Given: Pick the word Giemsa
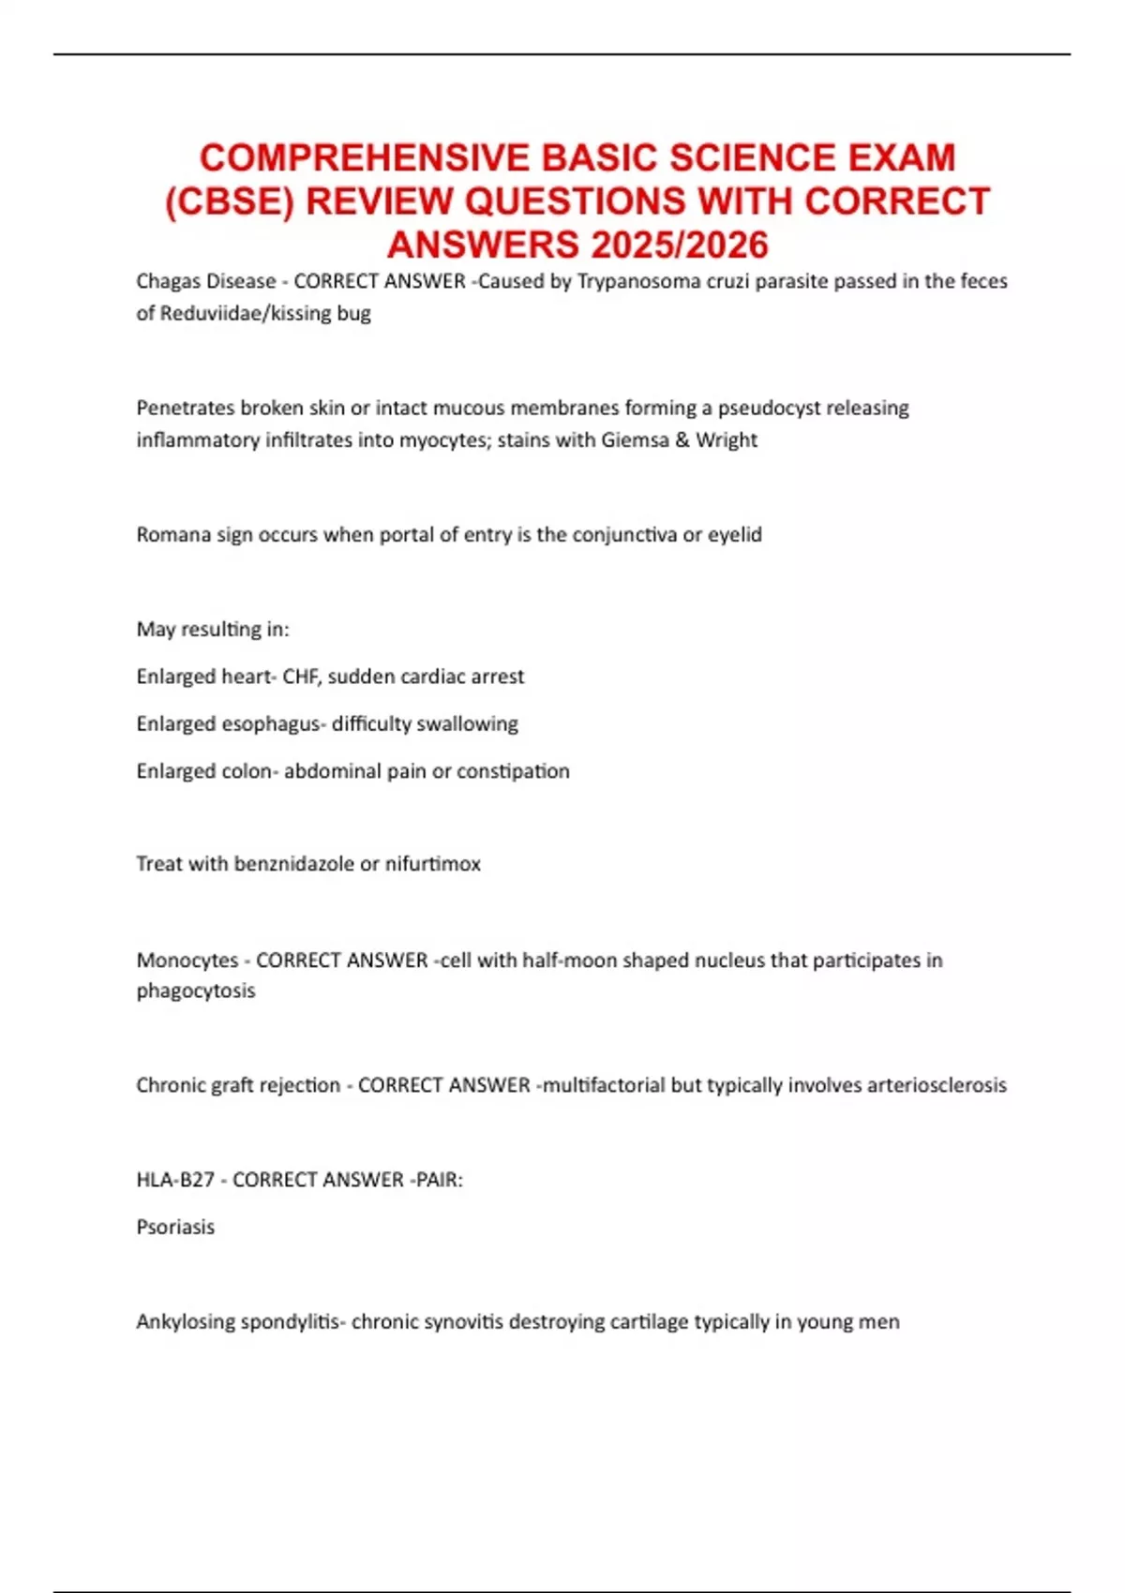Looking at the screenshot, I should pyautogui.click(x=635, y=439).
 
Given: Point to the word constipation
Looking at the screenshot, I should pyautogui.click(x=513, y=770).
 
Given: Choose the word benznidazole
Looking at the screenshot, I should pyautogui.click(x=293, y=863).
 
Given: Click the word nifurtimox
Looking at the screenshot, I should pyautogui.click(x=432, y=863).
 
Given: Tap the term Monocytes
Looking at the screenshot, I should pyautogui.click(x=187, y=960).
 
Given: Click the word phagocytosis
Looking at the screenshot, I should pyautogui.click(x=195, y=990).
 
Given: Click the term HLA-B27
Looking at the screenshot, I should pyautogui.click(x=175, y=1179).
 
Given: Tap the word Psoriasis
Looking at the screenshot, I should pyautogui.click(x=175, y=1227).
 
